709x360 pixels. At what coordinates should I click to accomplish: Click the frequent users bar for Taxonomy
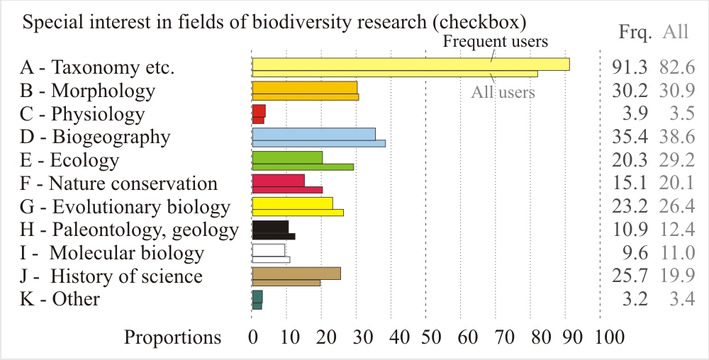pos(411,64)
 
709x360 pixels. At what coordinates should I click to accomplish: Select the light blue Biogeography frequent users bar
pos(313,134)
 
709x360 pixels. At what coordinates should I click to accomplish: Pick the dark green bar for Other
pos(257,299)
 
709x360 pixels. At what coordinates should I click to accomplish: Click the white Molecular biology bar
pos(269,250)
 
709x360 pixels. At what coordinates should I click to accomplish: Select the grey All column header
pos(675,33)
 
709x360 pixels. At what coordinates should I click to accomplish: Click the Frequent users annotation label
pos(496,41)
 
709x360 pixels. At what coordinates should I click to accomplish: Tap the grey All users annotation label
pos(503,92)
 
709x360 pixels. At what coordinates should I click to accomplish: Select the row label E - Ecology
pos(69,160)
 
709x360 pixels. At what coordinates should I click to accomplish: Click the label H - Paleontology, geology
pos(130,230)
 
